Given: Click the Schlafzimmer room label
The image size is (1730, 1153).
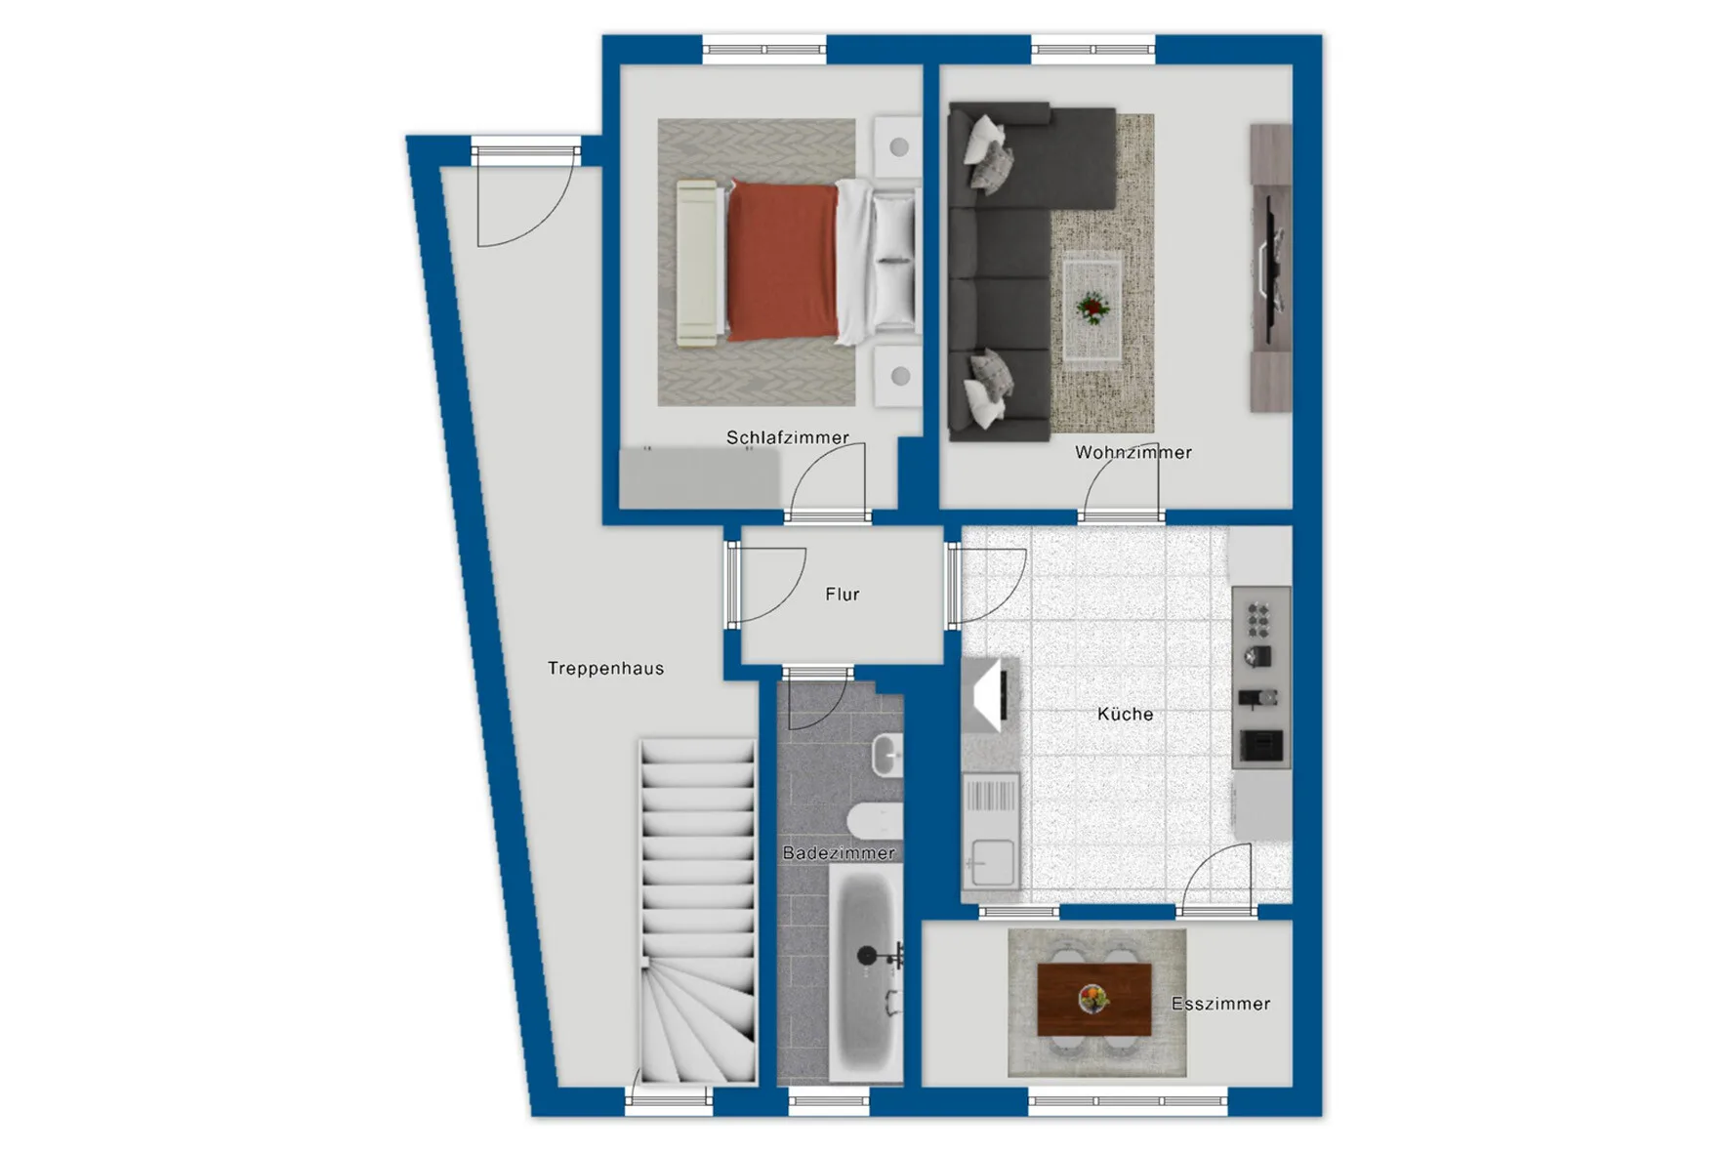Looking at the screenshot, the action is (x=787, y=437).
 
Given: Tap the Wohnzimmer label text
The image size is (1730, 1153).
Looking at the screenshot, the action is (x=1133, y=452).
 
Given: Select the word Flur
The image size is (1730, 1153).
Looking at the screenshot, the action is (x=842, y=594).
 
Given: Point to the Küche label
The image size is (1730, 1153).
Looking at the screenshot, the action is (x=1125, y=714).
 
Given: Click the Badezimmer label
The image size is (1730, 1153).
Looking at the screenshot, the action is (x=839, y=852).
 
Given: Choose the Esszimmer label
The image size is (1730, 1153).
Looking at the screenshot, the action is (x=1220, y=1004).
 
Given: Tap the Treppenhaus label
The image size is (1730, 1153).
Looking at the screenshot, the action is (x=605, y=668).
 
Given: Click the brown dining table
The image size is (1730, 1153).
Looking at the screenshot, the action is (x=1094, y=1000).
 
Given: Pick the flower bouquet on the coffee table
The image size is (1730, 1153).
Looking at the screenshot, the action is (x=1092, y=309).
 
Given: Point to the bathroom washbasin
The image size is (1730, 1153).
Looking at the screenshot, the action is (x=886, y=755).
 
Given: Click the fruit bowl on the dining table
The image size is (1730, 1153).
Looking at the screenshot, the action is (x=1093, y=998).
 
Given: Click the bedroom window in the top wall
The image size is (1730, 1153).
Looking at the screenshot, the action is (x=764, y=49).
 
